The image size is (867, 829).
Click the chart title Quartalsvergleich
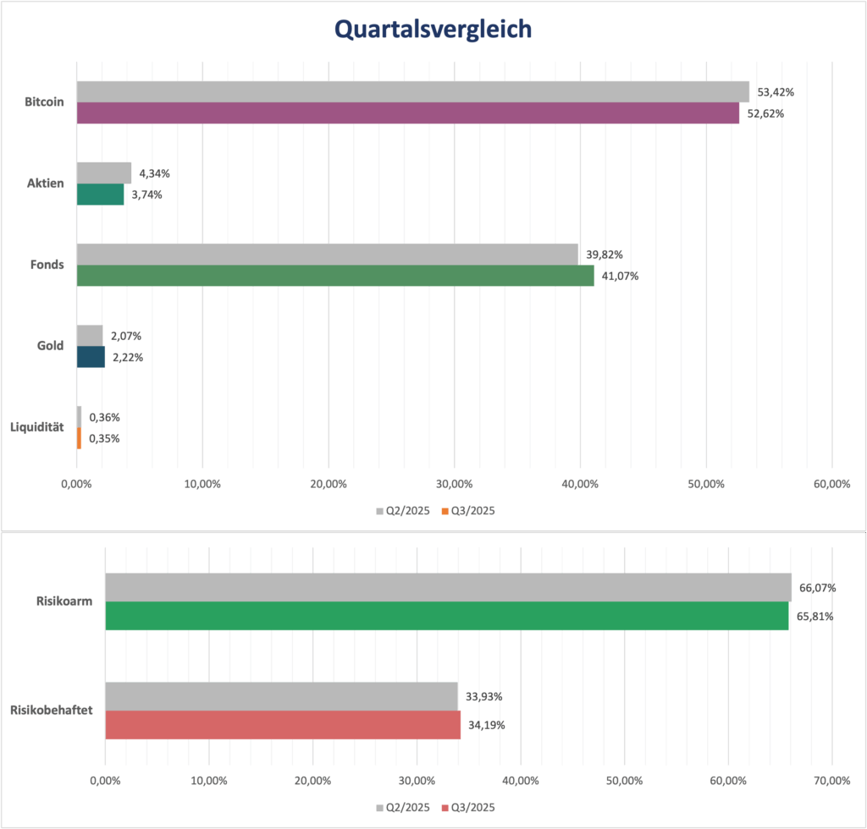pos(433,30)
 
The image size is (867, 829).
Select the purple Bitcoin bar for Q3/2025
pos(407,113)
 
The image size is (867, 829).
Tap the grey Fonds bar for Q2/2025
pos(327,254)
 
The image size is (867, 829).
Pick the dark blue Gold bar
pos(91,357)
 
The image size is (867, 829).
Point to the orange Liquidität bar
pos(79,438)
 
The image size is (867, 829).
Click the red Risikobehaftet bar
pos(282,725)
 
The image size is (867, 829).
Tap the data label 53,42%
pos(775,92)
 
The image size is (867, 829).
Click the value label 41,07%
pos(620,276)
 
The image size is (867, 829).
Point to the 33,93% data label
pos(483,697)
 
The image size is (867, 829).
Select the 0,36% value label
pos(104,417)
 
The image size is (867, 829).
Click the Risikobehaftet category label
pos(51,711)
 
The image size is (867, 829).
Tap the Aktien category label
pos(47,184)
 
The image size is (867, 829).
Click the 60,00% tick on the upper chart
pos(831,484)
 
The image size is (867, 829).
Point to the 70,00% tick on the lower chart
pos(831,779)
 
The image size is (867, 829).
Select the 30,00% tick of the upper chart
pos(454,484)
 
